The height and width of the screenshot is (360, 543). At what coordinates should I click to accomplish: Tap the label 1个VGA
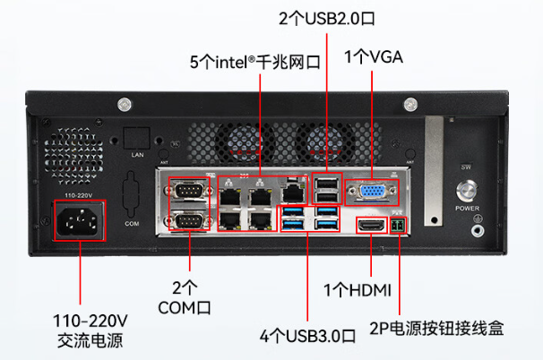(374, 58)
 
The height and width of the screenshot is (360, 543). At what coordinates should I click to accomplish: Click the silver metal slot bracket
(434, 170)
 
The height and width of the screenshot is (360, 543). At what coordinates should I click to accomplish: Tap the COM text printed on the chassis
(132, 221)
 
